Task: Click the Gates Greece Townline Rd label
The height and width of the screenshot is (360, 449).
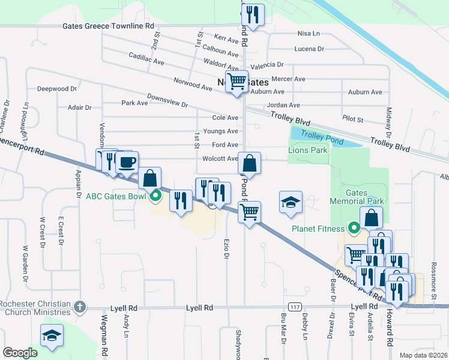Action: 109,26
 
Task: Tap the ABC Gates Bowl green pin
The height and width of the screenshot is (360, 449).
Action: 155,194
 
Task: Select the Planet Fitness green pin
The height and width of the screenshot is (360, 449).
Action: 354,228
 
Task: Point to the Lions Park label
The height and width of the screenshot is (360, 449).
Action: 308,150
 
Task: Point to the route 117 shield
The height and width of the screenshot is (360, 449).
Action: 294,307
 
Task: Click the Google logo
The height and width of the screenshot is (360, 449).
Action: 20,353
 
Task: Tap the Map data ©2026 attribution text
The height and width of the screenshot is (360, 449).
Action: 423,355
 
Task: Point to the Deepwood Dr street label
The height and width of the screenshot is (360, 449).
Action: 58,89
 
